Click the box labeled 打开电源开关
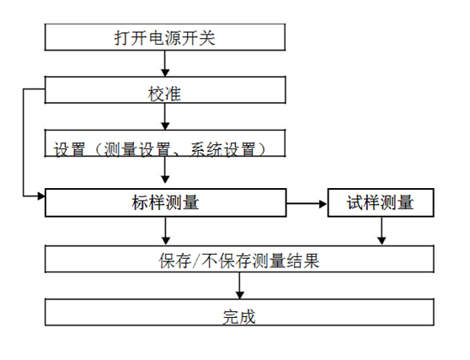pyautogui.click(x=165, y=37)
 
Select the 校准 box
pyautogui.click(x=165, y=90)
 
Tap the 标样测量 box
pyautogui.click(x=165, y=202)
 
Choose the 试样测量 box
pyautogui.click(x=381, y=202)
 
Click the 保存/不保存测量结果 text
pyautogui.click(x=239, y=261)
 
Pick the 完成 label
pyautogui.click(x=239, y=317)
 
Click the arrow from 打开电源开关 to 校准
pyautogui.click(x=165, y=63)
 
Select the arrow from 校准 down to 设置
pyautogui.click(x=165, y=116)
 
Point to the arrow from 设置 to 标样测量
pyautogui.click(x=165, y=169)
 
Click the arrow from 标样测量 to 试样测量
pyautogui.click(x=307, y=204)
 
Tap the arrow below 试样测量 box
pyautogui.click(x=382, y=230)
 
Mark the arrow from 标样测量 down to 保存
pyautogui.click(x=166, y=230)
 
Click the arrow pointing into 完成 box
pyautogui.click(x=239, y=286)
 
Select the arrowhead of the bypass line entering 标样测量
pyautogui.click(x=41, y=196)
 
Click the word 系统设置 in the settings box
pyautogui.click(x=223, y=149)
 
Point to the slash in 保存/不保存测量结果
pyautogui.click(x=196, y=261)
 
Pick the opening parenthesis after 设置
pyautogui.click(x=97, y=149)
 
